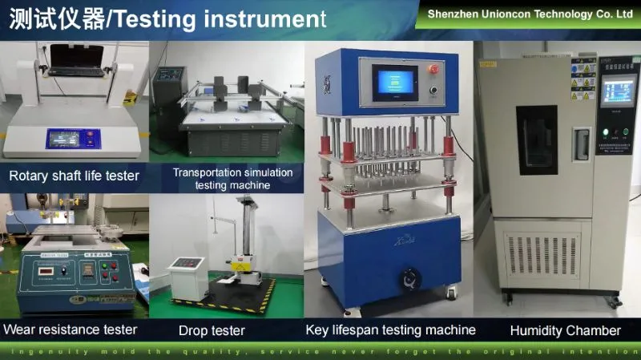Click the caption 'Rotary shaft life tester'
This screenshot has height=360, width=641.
point(75,176)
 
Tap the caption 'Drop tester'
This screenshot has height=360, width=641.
point(212,330)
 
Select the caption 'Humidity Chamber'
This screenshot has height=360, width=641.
point(566,330)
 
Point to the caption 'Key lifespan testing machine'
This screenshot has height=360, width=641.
point(391,330)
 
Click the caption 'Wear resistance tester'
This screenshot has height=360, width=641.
point(71,329)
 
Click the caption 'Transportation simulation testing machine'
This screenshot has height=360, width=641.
point(233,179)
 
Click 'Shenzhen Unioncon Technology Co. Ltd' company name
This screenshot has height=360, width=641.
point(530,14)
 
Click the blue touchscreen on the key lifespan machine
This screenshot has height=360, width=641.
point(394,83)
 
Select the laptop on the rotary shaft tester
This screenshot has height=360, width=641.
point(76,60)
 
